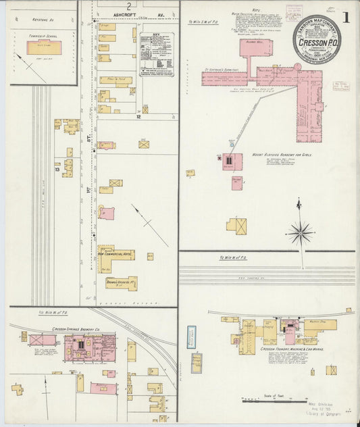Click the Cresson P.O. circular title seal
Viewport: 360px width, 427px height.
(317, 39)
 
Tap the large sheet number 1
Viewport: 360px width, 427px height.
(345, 18)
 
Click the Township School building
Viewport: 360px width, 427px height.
(44, 48)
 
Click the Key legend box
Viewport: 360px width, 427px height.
(156, 55)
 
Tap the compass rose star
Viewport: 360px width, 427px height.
(300, 234)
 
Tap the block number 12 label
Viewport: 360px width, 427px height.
(137, 117)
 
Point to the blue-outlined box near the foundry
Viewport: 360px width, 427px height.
(191, 336)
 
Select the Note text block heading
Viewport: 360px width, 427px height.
(255, 9)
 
